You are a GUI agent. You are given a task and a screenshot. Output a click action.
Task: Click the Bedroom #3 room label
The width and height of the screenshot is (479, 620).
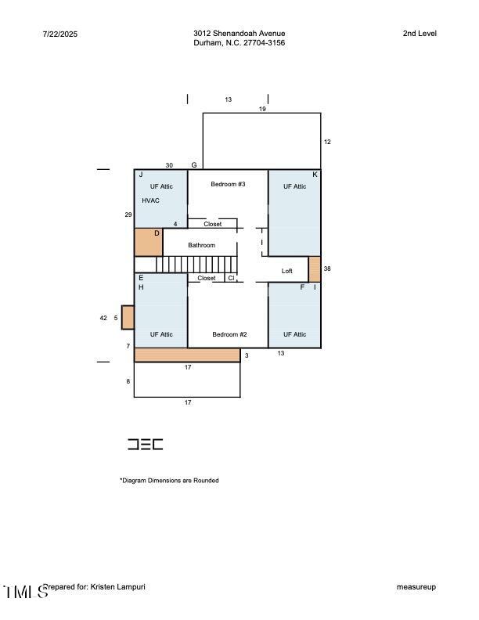coord(228,184)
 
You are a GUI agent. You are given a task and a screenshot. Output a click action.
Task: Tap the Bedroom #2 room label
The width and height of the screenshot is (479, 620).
coord(229,334)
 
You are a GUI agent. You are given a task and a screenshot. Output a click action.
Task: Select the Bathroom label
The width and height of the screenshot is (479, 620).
coord(201,245)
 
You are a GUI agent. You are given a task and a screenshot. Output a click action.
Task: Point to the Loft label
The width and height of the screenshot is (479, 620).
coord(286,271)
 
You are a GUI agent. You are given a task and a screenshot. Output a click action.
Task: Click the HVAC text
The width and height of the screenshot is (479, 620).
coord(150,200)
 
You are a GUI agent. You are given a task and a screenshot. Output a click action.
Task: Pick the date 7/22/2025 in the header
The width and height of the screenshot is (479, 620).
coord(60,34)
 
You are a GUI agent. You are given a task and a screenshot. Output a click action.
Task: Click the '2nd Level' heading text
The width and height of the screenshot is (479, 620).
coord(420,34)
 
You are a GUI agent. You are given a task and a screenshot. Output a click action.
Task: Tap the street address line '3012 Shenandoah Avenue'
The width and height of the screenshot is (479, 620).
coord(239,34)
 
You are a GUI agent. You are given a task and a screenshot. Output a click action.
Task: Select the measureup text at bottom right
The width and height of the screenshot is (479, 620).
coord(416,587)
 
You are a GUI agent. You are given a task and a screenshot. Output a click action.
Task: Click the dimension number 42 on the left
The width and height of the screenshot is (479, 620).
coord(103,318)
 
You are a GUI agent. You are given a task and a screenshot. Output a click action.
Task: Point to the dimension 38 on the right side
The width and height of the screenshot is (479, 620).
coord(327,269)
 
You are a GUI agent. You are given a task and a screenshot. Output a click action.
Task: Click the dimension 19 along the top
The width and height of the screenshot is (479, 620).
coord(262,109)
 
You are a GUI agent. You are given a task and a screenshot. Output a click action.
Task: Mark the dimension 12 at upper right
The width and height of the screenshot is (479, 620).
coord(327,142)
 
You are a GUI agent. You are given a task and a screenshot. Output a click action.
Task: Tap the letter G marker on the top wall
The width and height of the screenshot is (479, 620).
coord(194,165)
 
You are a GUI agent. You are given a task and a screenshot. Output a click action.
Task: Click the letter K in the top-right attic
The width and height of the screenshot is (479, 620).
coord(315,175)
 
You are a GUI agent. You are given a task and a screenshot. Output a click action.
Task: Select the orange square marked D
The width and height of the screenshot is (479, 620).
coord(148,242)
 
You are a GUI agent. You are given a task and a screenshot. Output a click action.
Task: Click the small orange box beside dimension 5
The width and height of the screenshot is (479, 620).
coord(128,317)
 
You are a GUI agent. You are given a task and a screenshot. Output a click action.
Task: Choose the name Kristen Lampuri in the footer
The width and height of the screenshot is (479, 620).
coord(118,586)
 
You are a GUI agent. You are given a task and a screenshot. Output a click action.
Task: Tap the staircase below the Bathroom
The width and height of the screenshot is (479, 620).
coord(196,265)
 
